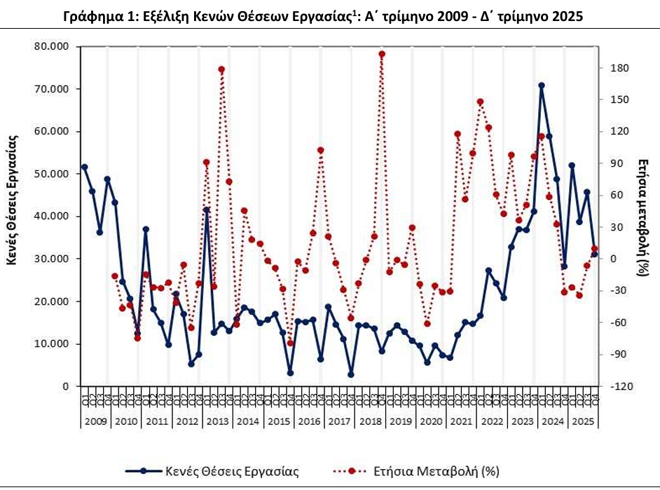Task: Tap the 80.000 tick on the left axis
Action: pos(55,47)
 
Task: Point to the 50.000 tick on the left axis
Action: pos(55,174)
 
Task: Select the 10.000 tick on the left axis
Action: pos(55,344)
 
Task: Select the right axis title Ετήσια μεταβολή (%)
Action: pos(643,211)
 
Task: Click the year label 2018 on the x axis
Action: pos(369,421)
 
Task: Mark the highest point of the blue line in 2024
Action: pos(542,86)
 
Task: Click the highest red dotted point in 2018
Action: pos(382,54)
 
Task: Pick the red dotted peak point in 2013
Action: pos(221,69)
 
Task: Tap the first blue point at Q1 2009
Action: pos(85,167)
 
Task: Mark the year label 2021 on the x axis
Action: pos(460,421)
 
